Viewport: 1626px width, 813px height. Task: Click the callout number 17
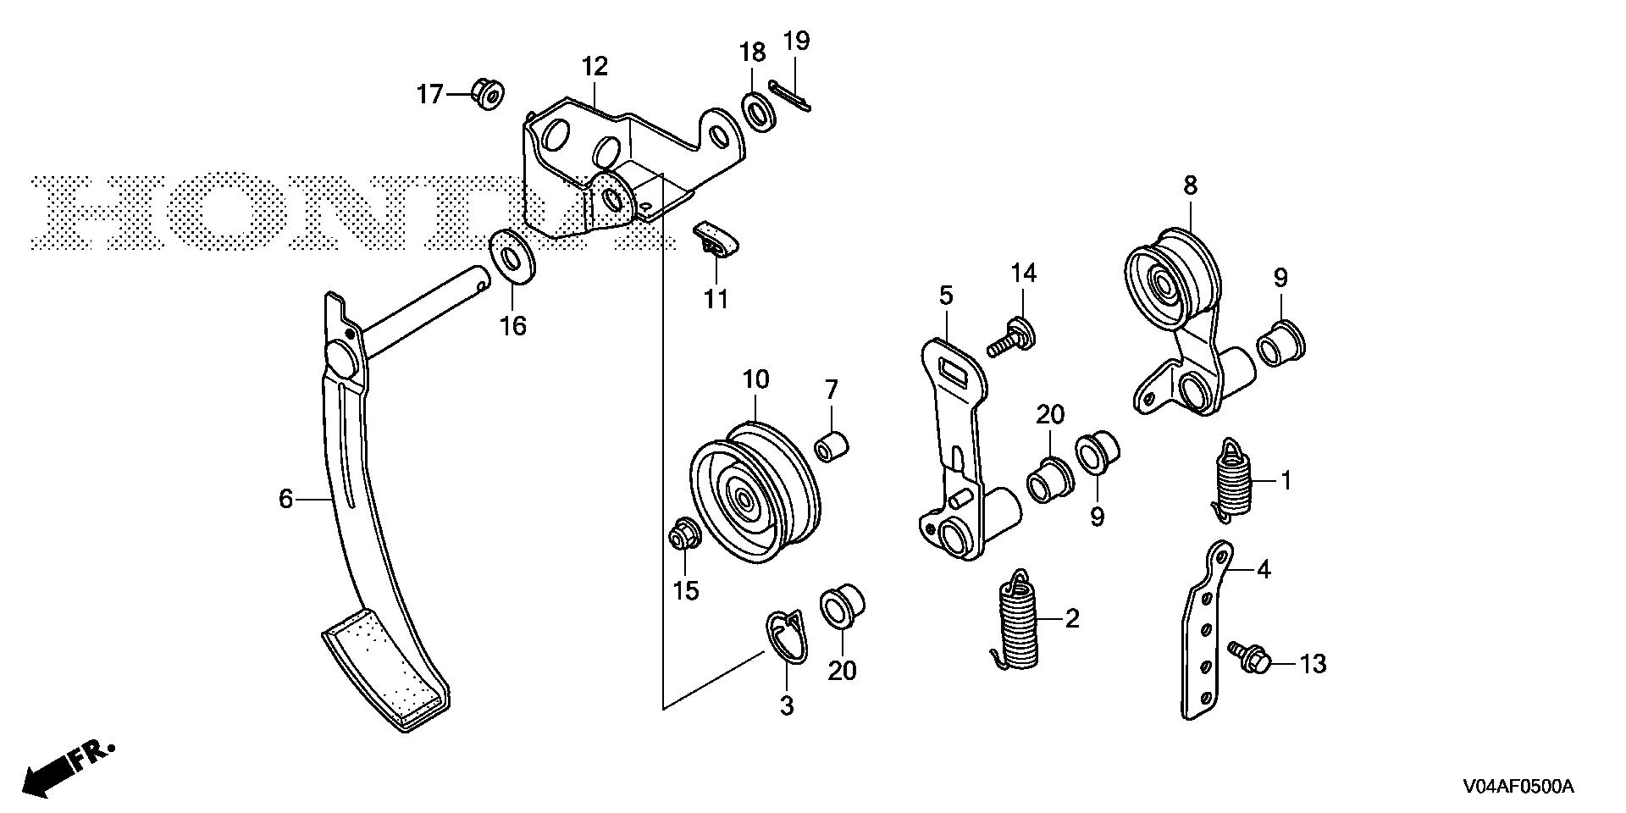click(430, 94)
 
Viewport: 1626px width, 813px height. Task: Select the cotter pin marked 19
click(790, 95)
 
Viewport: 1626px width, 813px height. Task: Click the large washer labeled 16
click(513, 254)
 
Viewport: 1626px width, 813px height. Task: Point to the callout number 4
click(1263, 569)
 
